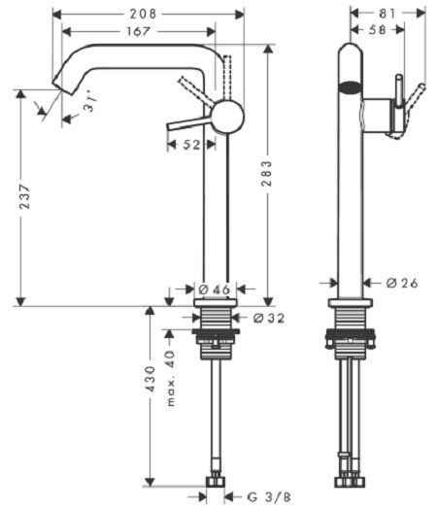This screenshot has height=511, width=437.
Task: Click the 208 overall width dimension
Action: tap(147, 15)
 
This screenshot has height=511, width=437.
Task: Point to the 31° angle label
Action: tap(89, 109)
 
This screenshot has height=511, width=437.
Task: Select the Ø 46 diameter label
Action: tap(213, 290)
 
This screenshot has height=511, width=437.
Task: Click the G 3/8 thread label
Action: tap(263, 496)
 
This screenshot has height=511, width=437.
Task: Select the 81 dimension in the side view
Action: tap(387, 15)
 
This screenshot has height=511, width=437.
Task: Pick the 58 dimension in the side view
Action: tap(372, 32)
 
